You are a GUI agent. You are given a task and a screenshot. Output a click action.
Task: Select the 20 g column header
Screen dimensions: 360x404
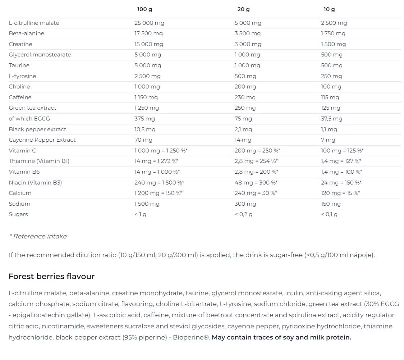pyautogui.click(x=243, y=9)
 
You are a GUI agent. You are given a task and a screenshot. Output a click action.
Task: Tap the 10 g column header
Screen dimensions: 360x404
pyautogui.click(x=329, y=9)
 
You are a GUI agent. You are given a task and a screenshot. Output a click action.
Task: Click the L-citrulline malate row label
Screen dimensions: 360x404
pyautogui.click(x=34, y=23)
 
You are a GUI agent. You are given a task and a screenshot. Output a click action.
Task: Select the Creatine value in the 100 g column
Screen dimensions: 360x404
pyautogui.click(x=149, y=44)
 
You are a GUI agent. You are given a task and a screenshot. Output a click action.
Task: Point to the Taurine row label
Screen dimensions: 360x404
pyautogui.click(x=19, y=65)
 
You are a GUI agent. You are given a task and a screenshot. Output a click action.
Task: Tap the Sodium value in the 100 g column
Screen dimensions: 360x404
pyautogui.click(x=147, y=204)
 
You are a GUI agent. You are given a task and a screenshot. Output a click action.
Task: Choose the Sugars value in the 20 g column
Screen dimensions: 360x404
pyautogui.click(x=243, y=214)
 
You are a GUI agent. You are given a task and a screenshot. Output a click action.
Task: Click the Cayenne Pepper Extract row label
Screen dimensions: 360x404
pyautogui.click(x=42, y=140)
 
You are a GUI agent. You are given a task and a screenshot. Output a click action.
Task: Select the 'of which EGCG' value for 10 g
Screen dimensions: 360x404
pyautogui.click(x=331, y=119)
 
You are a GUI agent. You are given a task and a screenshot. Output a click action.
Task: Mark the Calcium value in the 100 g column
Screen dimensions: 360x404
pyautogui.click(x=158, y=193)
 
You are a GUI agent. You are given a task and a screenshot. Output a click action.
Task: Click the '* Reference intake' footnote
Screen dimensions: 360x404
pyautogui.click(x=38, y=236)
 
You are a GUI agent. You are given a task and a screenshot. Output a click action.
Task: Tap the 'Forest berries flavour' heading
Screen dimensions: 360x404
pyautogui.click(x=51, y=277)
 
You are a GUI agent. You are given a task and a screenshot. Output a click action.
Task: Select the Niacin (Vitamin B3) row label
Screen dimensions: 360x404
pyautogui.click(x=35, y=183)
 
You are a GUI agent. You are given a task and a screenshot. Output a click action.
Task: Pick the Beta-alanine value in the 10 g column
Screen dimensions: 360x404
pyautogui.click(x=333, y=33)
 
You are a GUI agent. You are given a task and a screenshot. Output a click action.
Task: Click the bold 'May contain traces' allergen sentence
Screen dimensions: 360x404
pyautogui.click(x=281, y=337)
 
